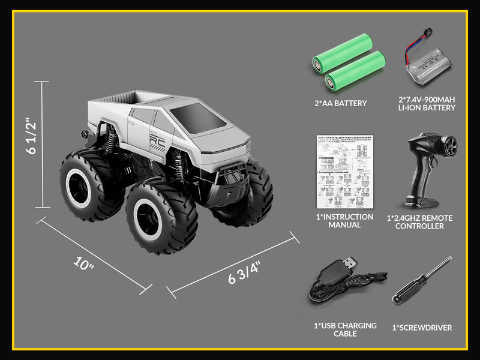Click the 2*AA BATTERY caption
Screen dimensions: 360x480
click(340, 103)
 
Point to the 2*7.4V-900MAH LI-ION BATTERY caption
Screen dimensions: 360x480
click(427, 103)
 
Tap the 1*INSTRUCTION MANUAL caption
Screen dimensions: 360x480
click(344, 221)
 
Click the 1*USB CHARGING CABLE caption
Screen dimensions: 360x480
click(345, 329)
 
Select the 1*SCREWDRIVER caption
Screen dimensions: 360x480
click(422, 328)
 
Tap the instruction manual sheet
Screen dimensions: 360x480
click(345, 171)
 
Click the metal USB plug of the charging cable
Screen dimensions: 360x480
click(350, 263)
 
